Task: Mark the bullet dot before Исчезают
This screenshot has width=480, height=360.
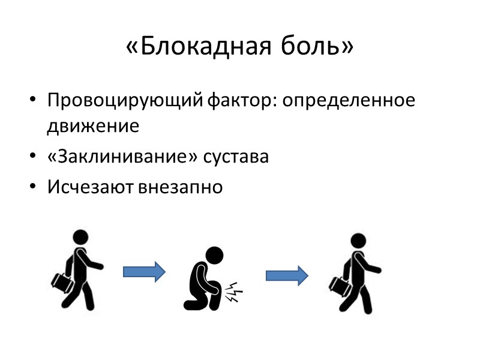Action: [x=32, y=187]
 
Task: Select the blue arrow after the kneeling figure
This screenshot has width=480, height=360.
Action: [x=287, y=275]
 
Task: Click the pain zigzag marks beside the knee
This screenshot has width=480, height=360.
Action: [x=233, y=292]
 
